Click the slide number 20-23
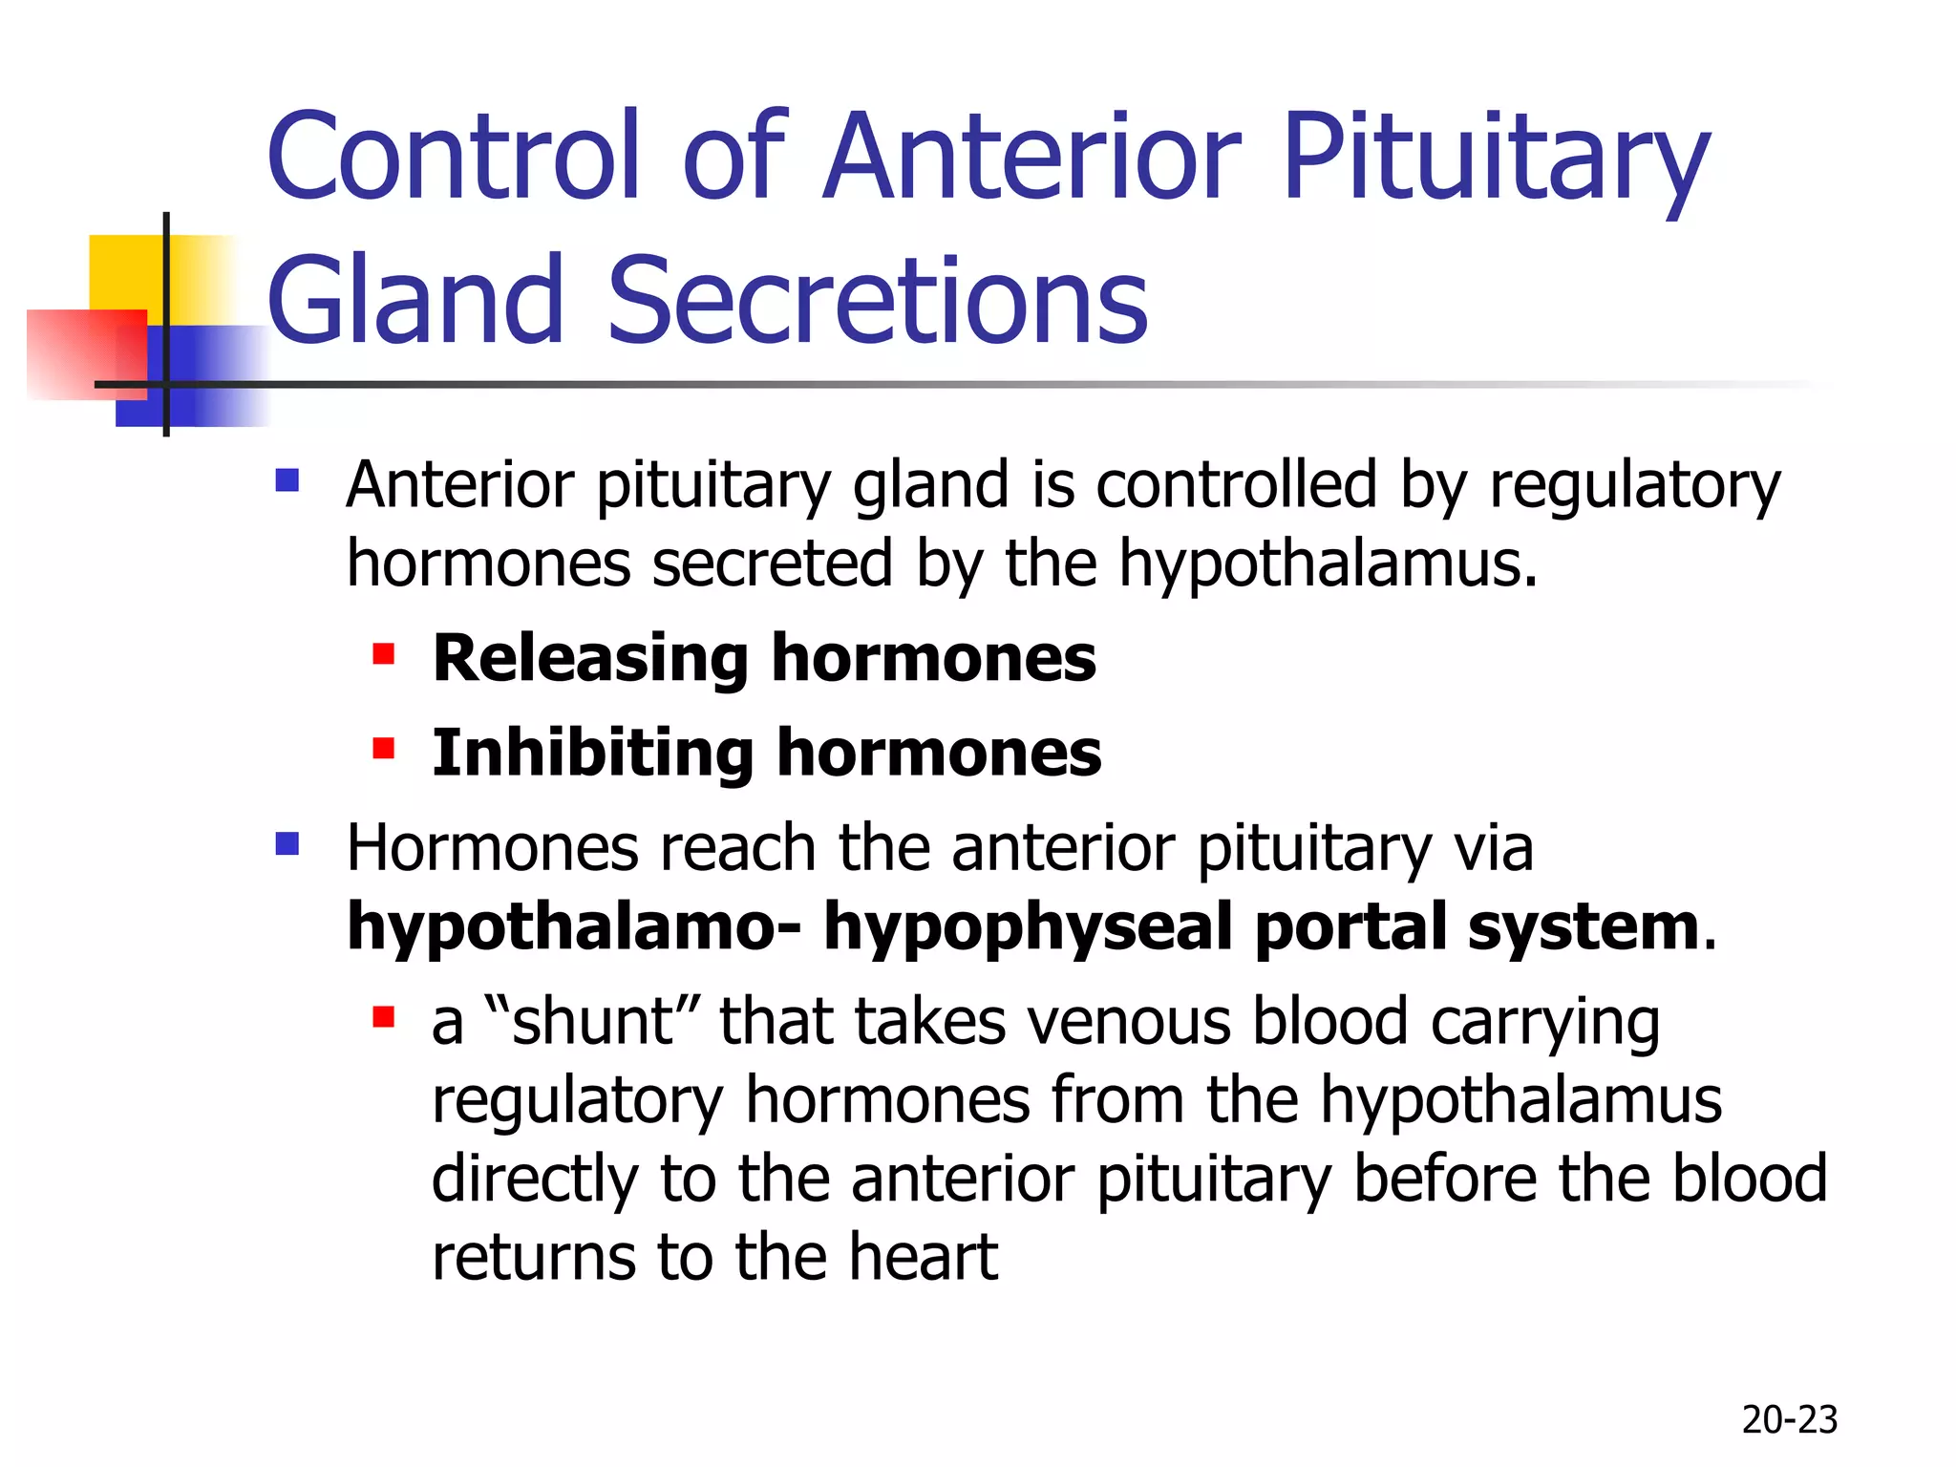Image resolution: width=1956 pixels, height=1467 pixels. coord(1789,1420)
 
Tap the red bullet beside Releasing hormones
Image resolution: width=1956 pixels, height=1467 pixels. coord(384,654)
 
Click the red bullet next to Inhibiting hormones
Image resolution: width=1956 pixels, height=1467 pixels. coord(384,748)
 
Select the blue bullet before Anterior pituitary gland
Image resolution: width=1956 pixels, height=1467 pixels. coord(287,479)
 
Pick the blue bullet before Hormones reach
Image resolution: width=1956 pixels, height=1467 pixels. coord(287,844)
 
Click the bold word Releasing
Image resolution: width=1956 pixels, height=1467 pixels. coord(589,659)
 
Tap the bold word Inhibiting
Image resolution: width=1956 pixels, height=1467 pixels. coord(592,753)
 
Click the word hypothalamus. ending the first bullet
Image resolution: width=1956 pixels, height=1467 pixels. coord(1328,563)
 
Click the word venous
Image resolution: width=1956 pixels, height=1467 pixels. coord(1128,1022)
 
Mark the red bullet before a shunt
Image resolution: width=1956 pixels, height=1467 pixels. coord(384,1017)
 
